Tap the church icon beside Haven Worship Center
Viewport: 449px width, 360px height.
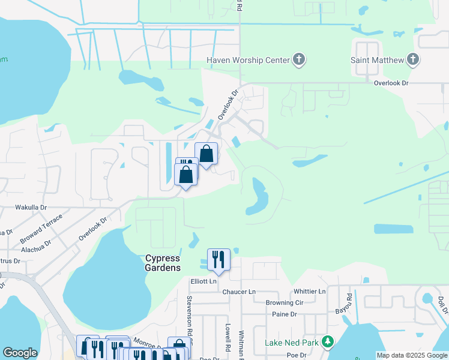pos(299,59)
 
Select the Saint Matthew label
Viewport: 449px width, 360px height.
pos(376,60)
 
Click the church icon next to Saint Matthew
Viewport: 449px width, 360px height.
pos(412,59)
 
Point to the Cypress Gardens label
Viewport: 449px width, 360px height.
pos(163,263)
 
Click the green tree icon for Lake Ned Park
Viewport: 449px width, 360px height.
pos(327,343)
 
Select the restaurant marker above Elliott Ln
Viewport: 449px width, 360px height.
pos(218,260)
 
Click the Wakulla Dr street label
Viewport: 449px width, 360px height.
pos(31,207)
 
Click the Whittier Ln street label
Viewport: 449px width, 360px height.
pos(310,292)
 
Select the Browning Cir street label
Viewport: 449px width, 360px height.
pos(285,303)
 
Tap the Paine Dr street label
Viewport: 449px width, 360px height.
pos(285,314)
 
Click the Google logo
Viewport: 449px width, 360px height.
pos(20,353)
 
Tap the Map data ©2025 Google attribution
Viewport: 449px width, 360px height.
pos(412,356)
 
